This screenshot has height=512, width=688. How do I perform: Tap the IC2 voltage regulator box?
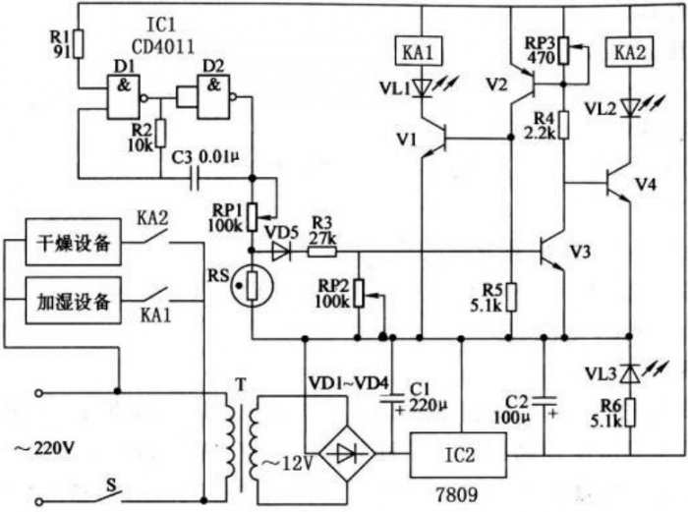[460, 455]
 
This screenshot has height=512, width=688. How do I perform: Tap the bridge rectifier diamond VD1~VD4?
[349, 455]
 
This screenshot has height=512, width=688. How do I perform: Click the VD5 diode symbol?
[283, 251]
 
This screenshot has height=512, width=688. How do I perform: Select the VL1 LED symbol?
[422, 88]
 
